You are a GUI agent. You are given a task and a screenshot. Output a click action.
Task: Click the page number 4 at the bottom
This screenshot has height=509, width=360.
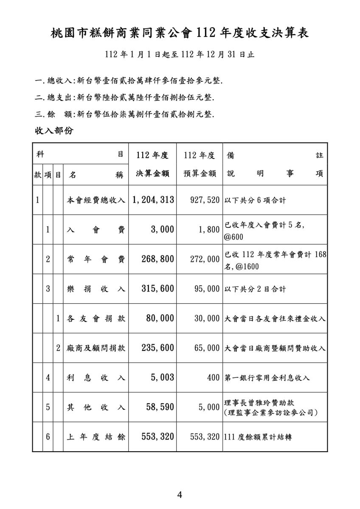pos(180,495)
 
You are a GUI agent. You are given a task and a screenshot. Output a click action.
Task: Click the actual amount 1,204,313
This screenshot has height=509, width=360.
pos(153,200)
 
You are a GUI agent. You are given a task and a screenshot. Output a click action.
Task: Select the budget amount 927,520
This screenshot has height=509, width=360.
pos(202,200)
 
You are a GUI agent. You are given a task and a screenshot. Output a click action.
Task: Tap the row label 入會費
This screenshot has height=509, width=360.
pos(96,229)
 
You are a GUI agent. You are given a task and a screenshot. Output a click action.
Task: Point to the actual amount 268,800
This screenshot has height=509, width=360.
pos(157,259)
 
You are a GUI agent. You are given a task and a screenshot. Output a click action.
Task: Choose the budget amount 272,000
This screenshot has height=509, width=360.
pos(202,259)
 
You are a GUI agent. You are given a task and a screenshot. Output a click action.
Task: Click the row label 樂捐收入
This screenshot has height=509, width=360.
pos(96,289)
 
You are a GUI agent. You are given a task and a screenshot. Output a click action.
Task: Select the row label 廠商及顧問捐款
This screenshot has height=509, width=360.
pos(96,348)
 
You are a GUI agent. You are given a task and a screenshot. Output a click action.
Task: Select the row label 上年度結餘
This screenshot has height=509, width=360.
pos(96,436)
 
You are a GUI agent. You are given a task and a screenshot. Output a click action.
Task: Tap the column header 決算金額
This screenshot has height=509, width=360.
pos(153,174)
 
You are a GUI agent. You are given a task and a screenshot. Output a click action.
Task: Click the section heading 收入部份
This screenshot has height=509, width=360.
pos(54,131)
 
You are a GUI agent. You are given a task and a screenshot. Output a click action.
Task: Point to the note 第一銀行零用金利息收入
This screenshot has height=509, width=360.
pos(267,378)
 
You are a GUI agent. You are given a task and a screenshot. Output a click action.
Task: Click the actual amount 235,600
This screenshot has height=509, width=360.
pos(157,348)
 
